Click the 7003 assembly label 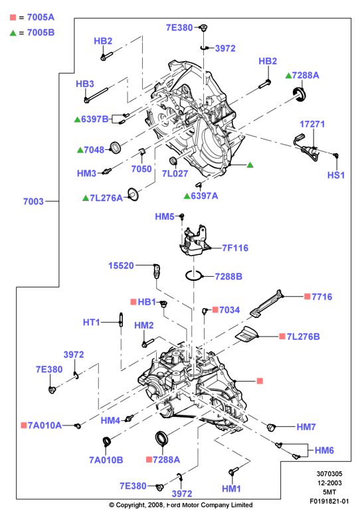[x=33, y=201]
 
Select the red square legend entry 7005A [x=32, y=17]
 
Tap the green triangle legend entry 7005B [x=32, y=33]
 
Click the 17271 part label [x=312, y=124]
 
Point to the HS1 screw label [x=336, y=175]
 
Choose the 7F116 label [x=235, y=248]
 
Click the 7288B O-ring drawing [x=193, y=275]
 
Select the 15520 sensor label [x=121, y=265]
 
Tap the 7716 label [x=318, y=297]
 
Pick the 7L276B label [x=300, y=336]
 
